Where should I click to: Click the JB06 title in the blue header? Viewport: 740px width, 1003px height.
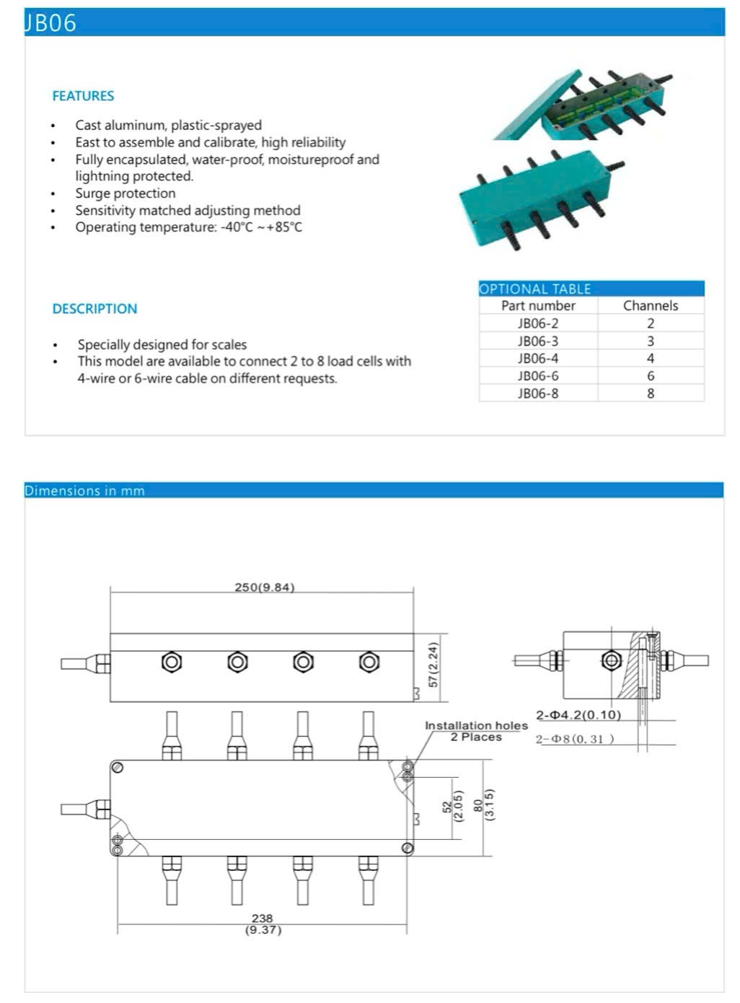(x=50, y=23)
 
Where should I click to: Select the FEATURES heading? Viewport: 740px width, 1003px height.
(x=83, y=96)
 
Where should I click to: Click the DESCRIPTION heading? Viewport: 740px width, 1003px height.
(x=94, y=309)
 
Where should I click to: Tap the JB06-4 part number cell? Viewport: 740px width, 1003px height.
(x=538, y=359)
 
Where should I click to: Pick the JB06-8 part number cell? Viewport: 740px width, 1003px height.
(x=538, y=393)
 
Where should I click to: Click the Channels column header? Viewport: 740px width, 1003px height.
(x=651, y=306)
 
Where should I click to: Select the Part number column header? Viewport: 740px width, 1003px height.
(x=538, y=306)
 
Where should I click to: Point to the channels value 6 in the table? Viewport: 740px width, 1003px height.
(x=651, y=376)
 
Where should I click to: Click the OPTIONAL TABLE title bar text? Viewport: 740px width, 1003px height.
(x=535, y=289)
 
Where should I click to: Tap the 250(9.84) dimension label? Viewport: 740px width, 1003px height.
(x=265, y=587)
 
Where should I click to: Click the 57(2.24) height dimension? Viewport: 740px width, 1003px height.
(x=433, y=665)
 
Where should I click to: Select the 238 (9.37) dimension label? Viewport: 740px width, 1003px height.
(x=263, y=924)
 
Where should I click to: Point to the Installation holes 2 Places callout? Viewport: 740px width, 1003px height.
(x=476, y=731)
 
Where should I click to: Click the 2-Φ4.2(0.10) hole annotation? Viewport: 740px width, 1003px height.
(x=578, y=715)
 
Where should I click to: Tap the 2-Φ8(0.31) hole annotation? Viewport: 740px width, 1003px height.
(x=575, y=739)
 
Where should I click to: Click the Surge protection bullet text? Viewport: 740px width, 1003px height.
(x=125, y=193)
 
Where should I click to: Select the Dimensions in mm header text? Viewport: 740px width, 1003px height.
(x=84, y=491)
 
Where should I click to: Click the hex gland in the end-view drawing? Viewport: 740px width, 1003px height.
(x=612, y=660)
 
